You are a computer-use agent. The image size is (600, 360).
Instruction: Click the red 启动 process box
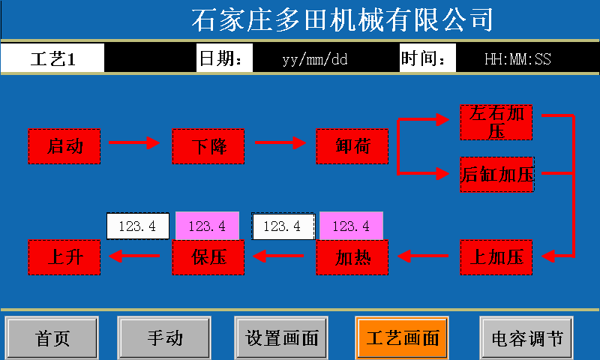coord(64,146)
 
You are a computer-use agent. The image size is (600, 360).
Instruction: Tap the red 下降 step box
coord(208,146)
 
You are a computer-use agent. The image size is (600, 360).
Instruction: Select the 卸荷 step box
coord(352,146)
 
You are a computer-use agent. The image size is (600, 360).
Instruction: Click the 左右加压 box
coord(496,123)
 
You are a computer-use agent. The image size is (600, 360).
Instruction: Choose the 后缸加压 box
coord(496,175)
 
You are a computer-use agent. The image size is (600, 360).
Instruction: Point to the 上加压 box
coord(496,257)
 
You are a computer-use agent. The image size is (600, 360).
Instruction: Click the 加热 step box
coord(352,257)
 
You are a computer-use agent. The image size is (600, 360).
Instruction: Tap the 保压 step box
coord(208,257)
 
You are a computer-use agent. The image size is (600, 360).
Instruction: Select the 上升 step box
coord(64,257)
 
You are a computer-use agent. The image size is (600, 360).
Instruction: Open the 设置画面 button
coord(283,337)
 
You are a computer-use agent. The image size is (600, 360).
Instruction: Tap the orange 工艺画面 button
coord(403,337)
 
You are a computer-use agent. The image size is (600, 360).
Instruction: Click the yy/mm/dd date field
coord(316,59)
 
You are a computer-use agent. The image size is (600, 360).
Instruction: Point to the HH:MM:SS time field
coord(517,59)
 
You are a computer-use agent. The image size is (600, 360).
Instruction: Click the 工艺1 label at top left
coord(52,59)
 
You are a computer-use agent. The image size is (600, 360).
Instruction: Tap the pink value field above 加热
coord(351,226)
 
